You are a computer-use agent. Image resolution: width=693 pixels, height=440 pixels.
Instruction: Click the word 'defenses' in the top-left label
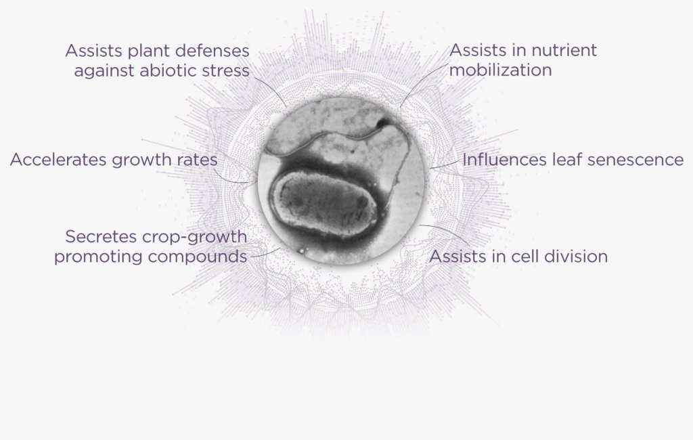coord(213,51)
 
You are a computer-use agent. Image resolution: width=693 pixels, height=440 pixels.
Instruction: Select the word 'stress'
coord(226,71)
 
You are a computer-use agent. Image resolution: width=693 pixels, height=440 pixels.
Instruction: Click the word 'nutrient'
coord(564,50)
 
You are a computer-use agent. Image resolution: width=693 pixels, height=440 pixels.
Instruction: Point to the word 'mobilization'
coord(501,70)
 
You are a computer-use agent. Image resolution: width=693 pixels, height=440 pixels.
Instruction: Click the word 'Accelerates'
coord(58,160)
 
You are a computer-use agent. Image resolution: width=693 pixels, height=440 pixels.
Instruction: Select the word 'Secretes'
coord(102,237)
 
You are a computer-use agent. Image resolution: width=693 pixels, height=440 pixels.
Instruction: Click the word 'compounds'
coord(198,257)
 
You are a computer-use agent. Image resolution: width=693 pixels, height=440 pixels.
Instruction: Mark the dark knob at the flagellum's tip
coord(382,123)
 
